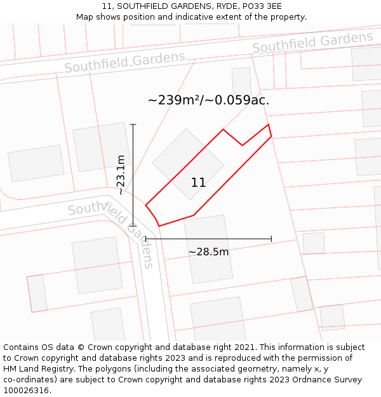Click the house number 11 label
pyautogui.click(x=198, y=183)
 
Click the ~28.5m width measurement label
pyautogui.click(x=208, y=252)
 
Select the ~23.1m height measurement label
pyautogui.click(x=121, y=175)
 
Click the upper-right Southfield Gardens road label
pyautogui.click(x=312, y=43)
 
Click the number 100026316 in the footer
pyautogui.click(x=27, y=390)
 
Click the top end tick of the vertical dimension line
pyautogui.click(x=133, y=124)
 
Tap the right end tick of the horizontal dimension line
pyautogui.click(x=272, y=239)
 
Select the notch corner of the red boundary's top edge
pyautogui.click(x=243, y=145)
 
